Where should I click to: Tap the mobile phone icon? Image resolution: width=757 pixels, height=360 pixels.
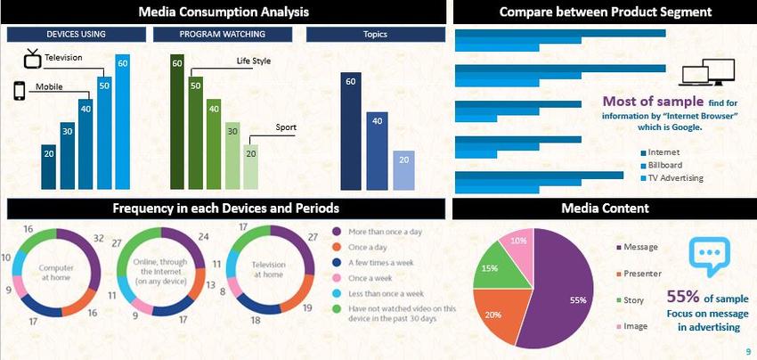click(x=19, y=92)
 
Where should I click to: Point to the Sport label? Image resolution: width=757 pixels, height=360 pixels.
click(x=285, y=127)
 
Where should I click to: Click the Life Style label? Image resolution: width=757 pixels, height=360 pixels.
click(x=253, y=61)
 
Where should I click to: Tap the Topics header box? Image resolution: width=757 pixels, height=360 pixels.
click(x=375, y=34)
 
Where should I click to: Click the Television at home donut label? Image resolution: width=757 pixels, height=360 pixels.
click(x=267, y=271)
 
